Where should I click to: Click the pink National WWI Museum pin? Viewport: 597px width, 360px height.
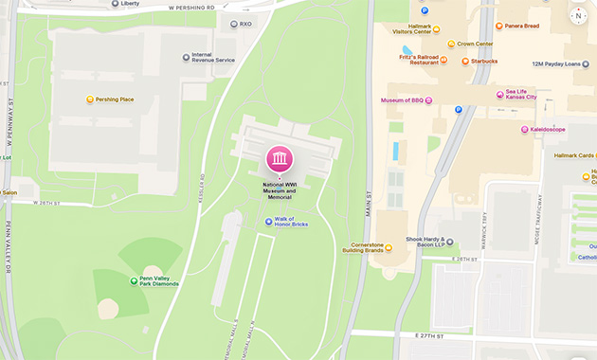280,158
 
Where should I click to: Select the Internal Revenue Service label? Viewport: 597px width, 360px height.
213,58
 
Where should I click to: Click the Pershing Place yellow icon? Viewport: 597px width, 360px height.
90,99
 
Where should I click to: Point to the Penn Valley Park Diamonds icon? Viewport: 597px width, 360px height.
133,280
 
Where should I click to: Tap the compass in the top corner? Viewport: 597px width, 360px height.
578,15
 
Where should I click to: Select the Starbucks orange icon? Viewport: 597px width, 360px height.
465,62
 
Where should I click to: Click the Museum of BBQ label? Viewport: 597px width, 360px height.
401,99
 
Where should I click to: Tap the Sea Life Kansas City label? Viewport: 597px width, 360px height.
521,94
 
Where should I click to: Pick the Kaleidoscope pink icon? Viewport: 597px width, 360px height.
523,129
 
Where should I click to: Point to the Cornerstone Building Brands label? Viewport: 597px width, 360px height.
363,247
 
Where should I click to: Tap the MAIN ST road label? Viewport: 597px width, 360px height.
367,200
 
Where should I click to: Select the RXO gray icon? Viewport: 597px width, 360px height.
233,24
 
